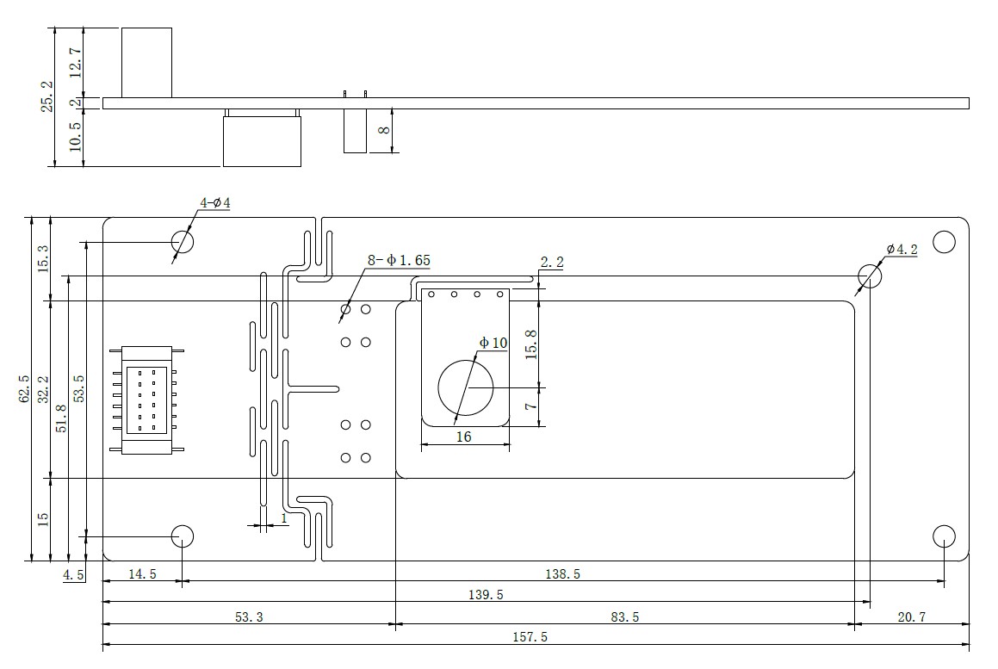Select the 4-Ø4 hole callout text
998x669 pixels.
215,203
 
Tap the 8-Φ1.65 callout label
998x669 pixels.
399,259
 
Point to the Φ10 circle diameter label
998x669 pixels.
493,343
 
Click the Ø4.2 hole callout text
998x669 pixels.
902,250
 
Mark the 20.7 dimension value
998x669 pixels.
914,616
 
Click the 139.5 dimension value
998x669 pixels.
486,595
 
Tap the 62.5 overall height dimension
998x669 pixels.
25,388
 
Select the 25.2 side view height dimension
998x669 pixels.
47,96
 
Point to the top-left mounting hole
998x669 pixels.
182,241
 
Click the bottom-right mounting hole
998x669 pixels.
945,536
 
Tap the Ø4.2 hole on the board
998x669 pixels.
870,276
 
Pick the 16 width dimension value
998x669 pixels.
463,437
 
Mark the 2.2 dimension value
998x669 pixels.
551,262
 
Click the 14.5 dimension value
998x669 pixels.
141,573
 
